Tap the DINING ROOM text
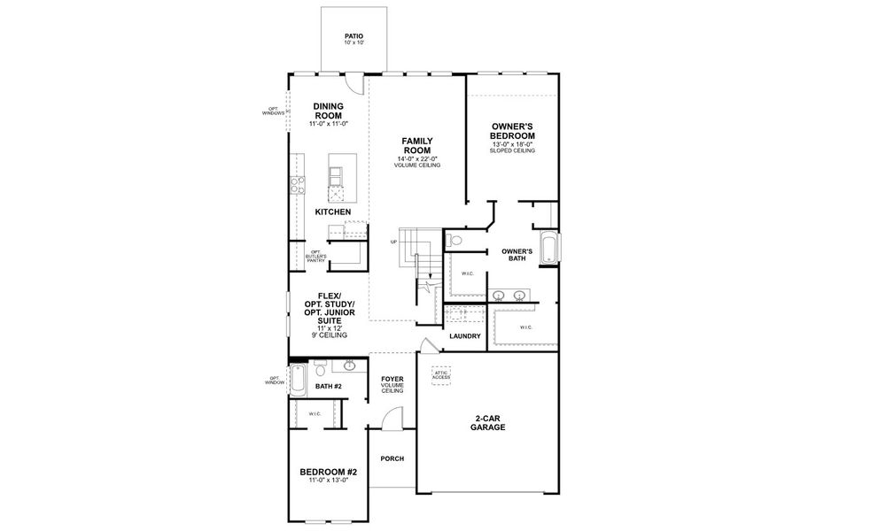[328, 111]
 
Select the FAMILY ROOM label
[417, 145]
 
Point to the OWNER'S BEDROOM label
[513, 131]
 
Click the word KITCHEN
[333, 212]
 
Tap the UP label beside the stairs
[393, 242]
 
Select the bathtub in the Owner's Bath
[549, 247]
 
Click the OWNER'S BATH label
[517, 254]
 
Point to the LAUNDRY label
[464, 336]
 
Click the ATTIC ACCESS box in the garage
[440, 375]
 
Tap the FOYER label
[392, 380]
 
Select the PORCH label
[392, 458]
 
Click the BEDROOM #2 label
[328, 471]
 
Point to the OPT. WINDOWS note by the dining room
[273, 112]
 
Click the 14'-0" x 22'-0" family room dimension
[417, 158]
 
